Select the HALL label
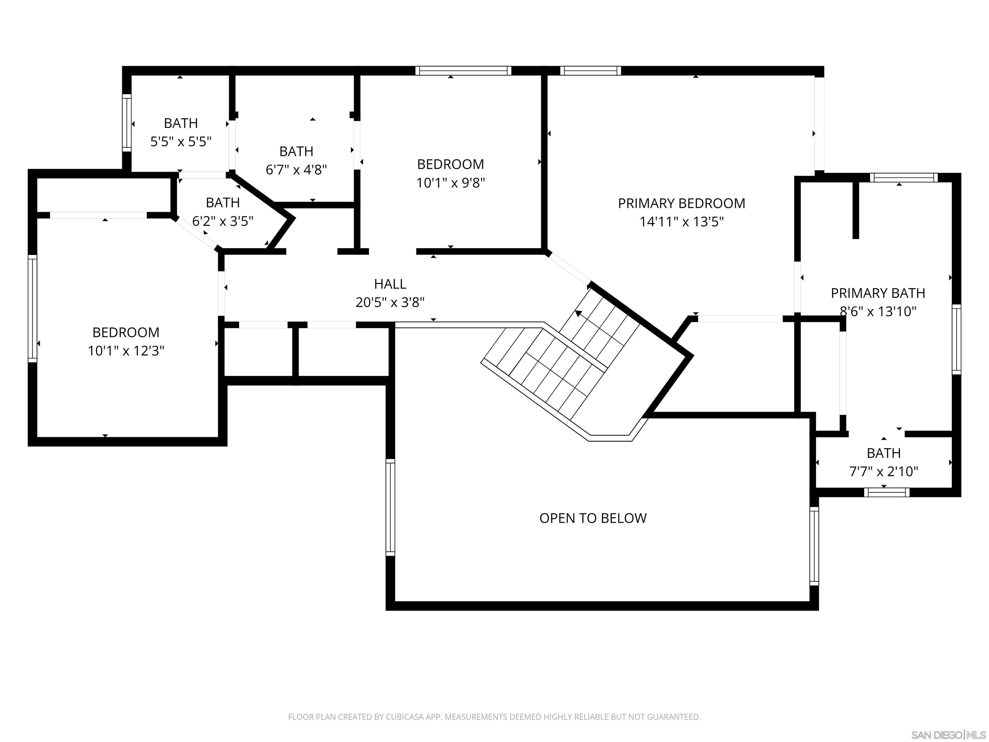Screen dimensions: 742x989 [390, 284]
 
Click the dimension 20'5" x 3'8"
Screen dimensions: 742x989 [390, 303]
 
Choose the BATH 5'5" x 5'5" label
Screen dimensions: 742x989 [181, 123]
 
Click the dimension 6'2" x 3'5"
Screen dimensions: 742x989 [223, 221]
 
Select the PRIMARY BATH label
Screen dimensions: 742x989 [877, 293]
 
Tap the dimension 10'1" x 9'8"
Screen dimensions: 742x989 [450, 183]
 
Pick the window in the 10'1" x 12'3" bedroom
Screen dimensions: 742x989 [32, 308]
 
